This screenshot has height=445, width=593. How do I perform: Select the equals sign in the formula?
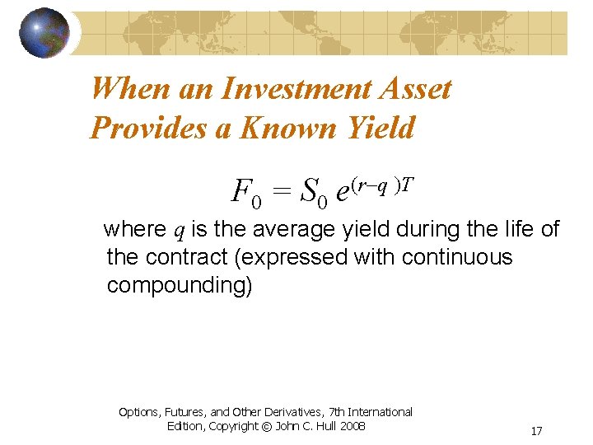coord(282,194)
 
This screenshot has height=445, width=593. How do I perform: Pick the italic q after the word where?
coord(177,230)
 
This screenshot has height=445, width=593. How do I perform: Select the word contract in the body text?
coord(187,257)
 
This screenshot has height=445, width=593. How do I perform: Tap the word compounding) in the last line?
coord(180,286)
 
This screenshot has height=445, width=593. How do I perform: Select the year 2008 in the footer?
coord(349,426)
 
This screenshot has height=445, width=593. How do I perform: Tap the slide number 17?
coord(536,431)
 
